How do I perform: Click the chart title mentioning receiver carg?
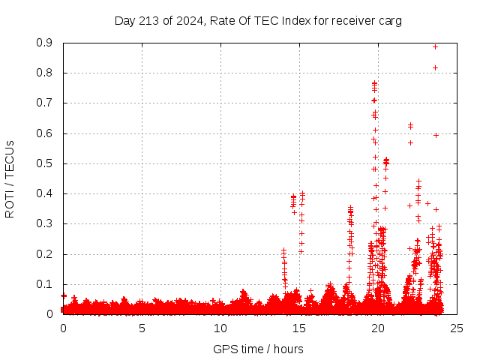(258, 21)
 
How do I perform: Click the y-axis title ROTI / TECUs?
(10, 179)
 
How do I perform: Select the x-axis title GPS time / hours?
(258, 349)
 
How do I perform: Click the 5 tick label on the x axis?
(142, 328)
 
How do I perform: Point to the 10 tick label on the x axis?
(220, 328)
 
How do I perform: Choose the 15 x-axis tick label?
(299, 328)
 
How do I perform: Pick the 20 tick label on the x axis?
(378, 328)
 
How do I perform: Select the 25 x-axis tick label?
(457, 328)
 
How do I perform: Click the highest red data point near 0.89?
(435, 46)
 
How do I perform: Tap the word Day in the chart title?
(124, 21)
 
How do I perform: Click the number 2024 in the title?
(187, 21)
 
